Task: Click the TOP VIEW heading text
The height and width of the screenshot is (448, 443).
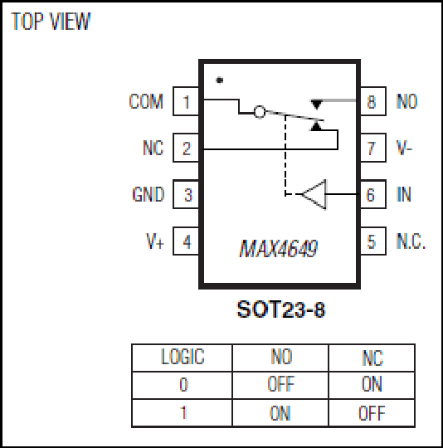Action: [51, 21]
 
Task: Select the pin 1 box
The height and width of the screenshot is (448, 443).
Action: [186, 101]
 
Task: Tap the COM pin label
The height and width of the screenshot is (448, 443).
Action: [146, 101]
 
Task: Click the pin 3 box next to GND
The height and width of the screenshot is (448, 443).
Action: [186, 194]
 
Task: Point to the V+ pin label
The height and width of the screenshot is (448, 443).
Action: [155, 241]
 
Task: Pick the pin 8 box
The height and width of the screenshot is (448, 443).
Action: [373, 101]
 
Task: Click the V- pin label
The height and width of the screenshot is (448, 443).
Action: [404, 148]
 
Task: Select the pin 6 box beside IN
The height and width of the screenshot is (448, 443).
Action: [373, 194]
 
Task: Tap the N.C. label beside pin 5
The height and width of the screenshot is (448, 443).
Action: [411, 241]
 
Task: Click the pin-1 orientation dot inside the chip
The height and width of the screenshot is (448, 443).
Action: [219, 80]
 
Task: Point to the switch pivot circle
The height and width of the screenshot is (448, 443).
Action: [260, 112]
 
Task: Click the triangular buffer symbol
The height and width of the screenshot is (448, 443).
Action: [314, 194]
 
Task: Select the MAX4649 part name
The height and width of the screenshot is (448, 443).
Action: [279, 249]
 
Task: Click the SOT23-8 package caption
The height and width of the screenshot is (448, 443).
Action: [281, 309]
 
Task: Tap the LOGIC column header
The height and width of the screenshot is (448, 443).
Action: [183, 357]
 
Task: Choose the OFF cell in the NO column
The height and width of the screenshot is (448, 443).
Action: [281, 384]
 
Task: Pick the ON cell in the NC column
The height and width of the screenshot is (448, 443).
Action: [372, 384]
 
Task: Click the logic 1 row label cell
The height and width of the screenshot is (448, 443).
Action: [183, 413]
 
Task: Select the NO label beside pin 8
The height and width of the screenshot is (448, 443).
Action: [407, 101]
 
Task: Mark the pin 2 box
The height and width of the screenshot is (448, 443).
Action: [186, 148]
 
